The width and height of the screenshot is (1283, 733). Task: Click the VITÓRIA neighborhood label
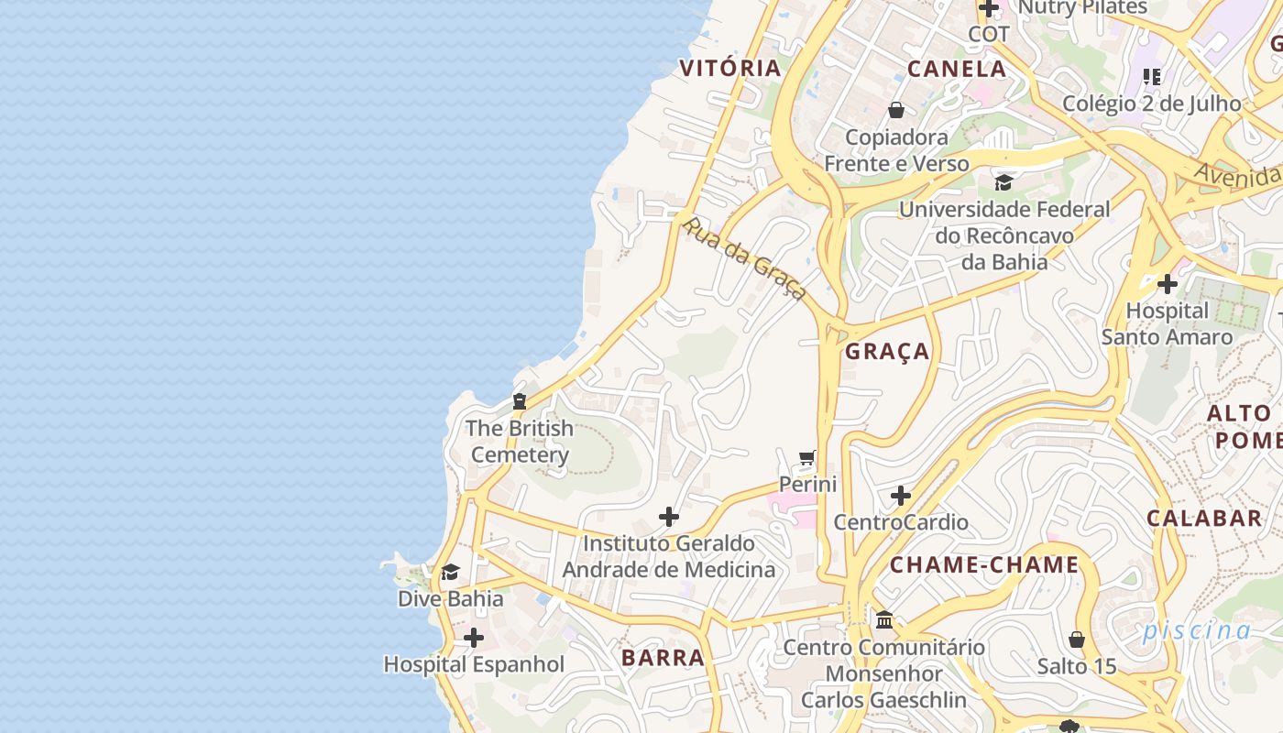pos(729,68)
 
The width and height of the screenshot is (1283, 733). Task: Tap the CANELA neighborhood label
pos(957,69)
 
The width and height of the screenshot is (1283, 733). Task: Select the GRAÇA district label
pos(887,351)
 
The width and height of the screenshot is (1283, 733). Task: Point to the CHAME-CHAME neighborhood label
pos(984,564)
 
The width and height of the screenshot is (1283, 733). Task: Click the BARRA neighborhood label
pos(663,657)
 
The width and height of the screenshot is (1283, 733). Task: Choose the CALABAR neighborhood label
pos(1204,518)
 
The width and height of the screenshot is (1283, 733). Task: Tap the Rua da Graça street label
pos(745,258)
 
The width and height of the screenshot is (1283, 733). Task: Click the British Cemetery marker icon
pos(520,400)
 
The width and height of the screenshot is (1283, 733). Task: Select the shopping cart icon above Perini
pos(807,457)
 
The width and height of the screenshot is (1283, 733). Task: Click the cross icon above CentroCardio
pos(901,496)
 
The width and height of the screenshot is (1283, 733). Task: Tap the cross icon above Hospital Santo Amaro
pos(1167,284)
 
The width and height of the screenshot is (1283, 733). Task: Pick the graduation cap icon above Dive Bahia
pos(450,573)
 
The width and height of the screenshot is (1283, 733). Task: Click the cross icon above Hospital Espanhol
pos(474,638)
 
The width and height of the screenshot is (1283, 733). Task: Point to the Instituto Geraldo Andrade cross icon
pos(669,517)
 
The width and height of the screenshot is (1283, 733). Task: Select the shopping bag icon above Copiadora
pos(896,110)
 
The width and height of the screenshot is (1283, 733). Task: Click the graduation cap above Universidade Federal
pos(1003,182)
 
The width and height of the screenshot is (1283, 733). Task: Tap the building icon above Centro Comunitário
pos(884,620)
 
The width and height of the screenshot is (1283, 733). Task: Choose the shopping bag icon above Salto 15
pos(1077,639)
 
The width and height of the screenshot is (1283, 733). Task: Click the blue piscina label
pos(1196,630)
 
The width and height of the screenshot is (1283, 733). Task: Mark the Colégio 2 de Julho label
pos(1151,104)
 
